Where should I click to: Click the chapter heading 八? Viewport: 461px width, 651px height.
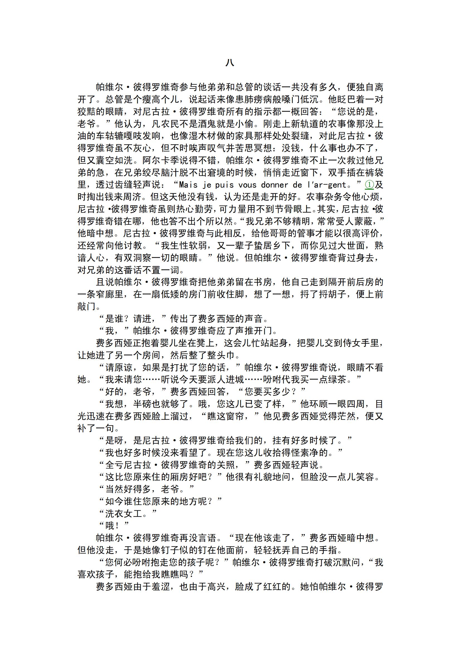[x=230, y=62]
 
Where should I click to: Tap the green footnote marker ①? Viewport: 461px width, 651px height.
[x=369, y=185]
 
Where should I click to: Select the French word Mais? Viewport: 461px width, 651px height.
[x=188, y=185]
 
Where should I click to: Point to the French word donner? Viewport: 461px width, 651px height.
[x=275, y=185]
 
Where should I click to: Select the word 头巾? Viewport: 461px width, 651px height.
[x=225, y=355]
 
